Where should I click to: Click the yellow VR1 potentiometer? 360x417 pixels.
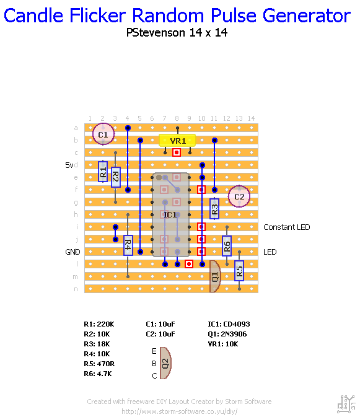coord(177,141)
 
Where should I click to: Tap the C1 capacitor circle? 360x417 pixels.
coord(103,134)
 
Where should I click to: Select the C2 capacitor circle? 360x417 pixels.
coord(239,196)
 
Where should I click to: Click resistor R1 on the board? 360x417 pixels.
coord(103,171)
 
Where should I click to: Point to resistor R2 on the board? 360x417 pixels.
coord(115,177)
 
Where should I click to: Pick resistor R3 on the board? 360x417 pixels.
coord(214,208)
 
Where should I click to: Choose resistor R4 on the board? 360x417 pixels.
coord(128,245)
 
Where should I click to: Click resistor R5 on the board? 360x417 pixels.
coord(239,270)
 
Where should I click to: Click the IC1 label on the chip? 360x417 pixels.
coord(169,214)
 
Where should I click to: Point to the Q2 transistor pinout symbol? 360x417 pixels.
coord(165,363)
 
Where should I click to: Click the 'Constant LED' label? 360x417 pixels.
coord(286,227)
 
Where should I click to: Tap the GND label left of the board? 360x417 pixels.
coord(72,252)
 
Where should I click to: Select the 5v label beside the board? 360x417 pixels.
coord(69,165)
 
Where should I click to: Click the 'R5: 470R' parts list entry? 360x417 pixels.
coord(99,364)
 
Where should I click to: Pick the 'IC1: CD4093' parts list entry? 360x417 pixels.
coord(229,324)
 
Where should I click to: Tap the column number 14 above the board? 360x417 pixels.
coord(251,118)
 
